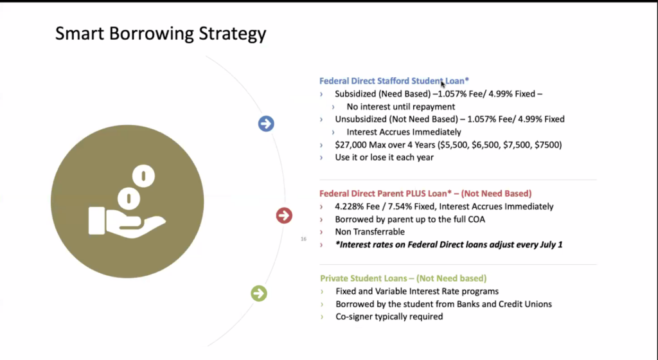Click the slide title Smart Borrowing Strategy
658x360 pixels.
pyautogui.click(x=161, y=33)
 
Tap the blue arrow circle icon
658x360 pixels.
pyautogui.click(x=266, y=124)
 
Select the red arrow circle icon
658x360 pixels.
pyautogui.click(x=284, y=215)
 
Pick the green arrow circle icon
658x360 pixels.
pyautogui.click(x=259, y=293)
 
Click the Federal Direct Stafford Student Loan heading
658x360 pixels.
pyautogui.click(x=394, y=81)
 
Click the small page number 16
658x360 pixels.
pyautogui.click(x=303, y=239)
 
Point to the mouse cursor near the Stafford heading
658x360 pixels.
pyautogui.click(x=443, y=84)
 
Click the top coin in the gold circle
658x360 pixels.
pyautogui.click(x=143, y=176)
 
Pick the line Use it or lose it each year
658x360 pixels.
pyautogui.click(x=384, y=157)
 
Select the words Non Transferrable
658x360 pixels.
pyautogui.click(x=369, y=231)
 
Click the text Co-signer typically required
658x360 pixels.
pyautogui.click(x=389, y=317)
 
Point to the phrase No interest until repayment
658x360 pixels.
pyautogui.click(x=401, y=107)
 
